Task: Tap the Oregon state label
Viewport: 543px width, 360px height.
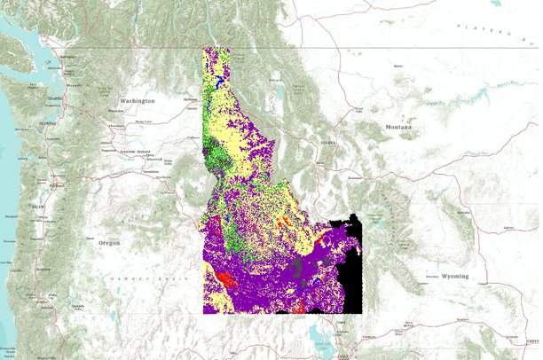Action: (109, 242)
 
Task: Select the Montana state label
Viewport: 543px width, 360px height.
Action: (398, 128)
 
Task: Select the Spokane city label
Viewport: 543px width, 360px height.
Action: (190, 99)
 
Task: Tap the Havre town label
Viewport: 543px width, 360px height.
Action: (397, 66)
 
